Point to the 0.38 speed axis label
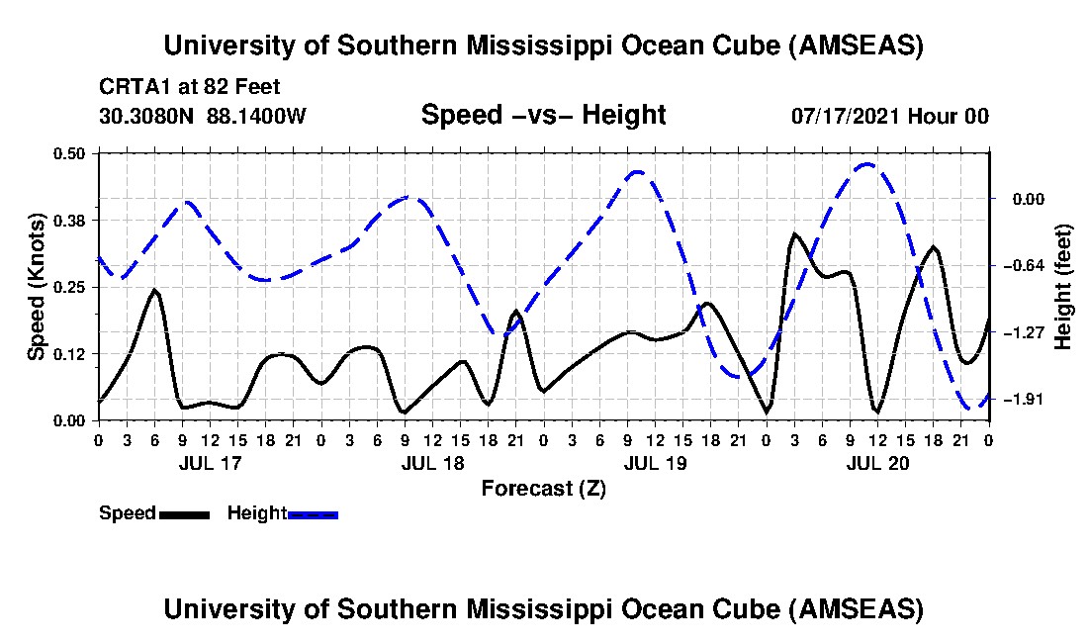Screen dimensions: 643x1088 pos(69,220)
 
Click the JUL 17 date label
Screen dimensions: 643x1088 pos(210,463)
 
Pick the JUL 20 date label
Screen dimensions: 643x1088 pos(877,463)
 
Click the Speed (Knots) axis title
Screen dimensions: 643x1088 pos(37,287)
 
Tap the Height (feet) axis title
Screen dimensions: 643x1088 pos(1063,287)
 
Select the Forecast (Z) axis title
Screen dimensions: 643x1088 pos(543,488)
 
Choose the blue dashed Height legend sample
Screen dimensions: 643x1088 pos(313,513)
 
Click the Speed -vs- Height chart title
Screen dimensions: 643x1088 pos(543,115)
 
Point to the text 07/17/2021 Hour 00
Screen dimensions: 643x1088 pos(889,116)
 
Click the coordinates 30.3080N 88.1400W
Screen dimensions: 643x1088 pos(203,116)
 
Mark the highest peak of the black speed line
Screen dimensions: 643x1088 pos(793,234)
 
